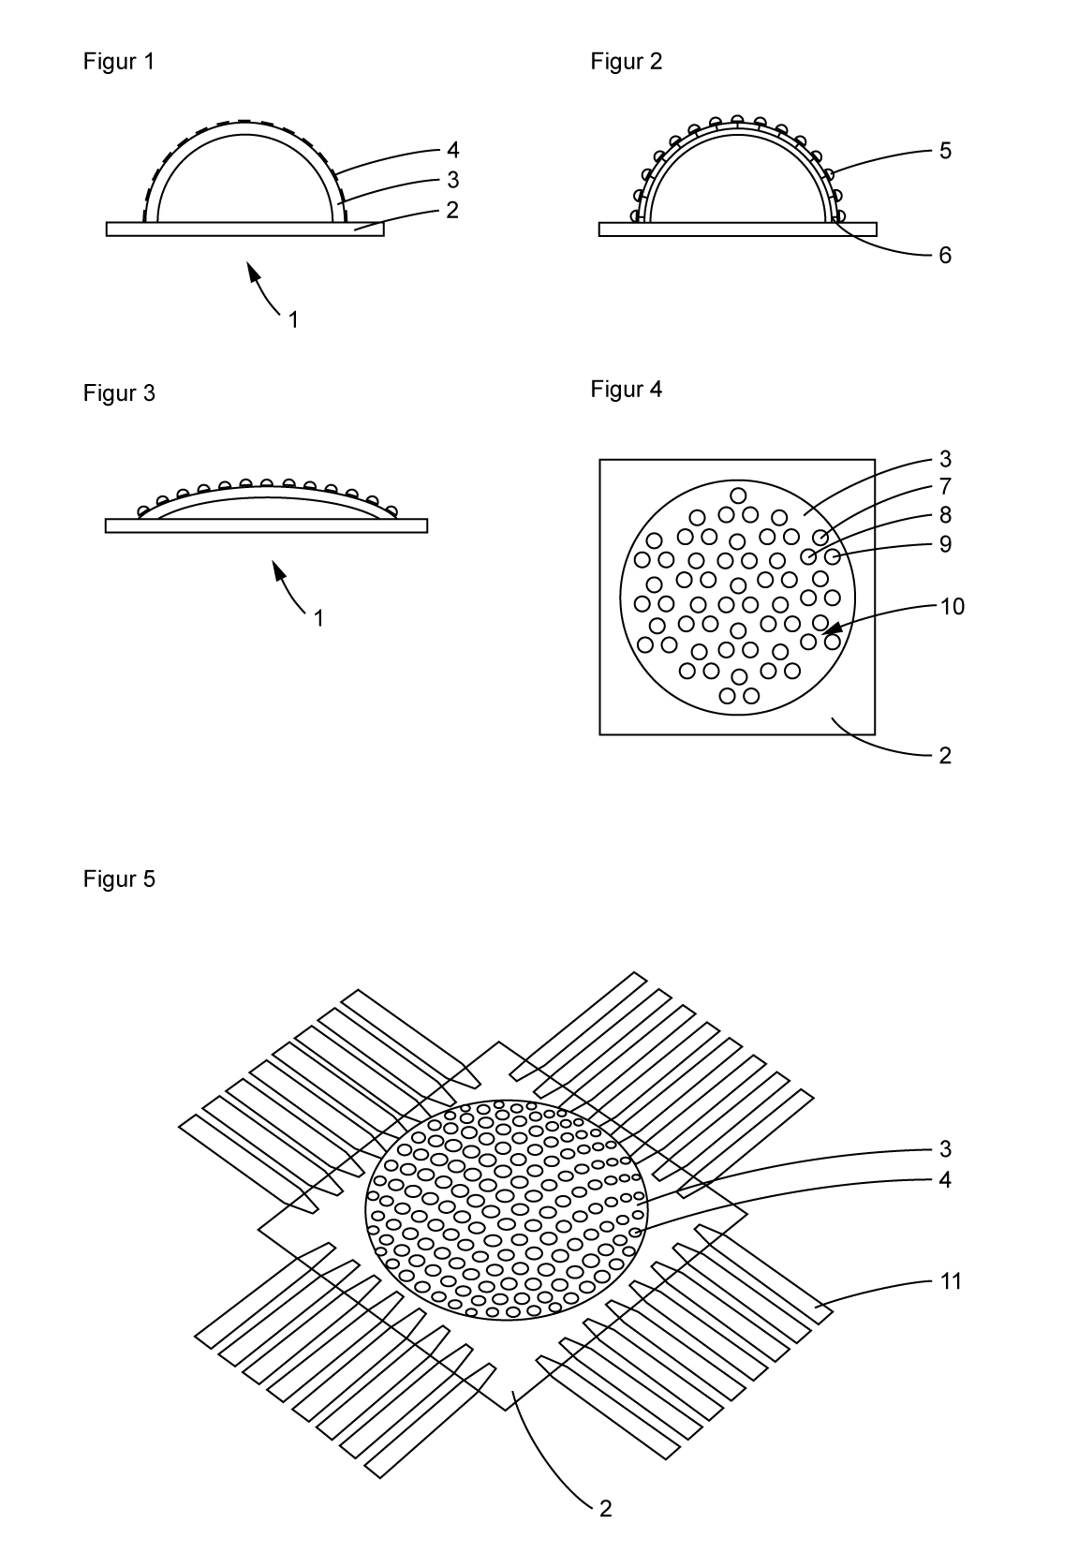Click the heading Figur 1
coord(119,62)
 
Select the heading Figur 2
coord(626,62)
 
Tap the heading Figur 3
coord(119,393)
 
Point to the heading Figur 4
coord(626,390)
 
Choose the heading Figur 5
coord(119,880)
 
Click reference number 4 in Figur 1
coord(452,150)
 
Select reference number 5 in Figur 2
coord(945,150)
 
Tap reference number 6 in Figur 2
coord(945,255)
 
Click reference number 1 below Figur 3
coord(318,619)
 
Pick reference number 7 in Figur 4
coord(945,486)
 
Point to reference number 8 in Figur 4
coord(945,514)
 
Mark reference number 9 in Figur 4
coord(945,543)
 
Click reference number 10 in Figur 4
coord(952,606)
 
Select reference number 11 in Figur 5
coord(951,1280)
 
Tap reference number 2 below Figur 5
coord(605,1509)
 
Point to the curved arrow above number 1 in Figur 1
coord(265,289)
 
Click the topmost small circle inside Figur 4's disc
coord(738,495)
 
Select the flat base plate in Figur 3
coord(266,525)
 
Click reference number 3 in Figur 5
coord(945,1149)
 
